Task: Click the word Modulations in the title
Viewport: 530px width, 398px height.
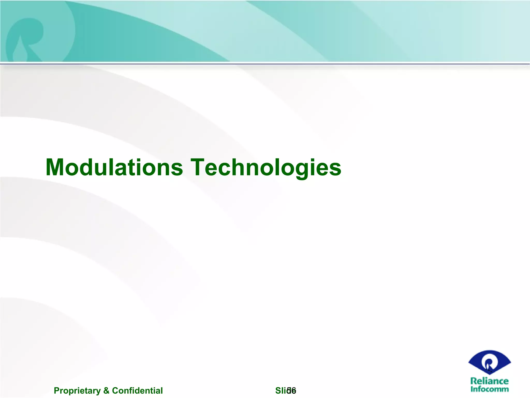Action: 114,167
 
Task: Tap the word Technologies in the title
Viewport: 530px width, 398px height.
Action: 266,168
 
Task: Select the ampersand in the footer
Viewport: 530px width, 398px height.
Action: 106,390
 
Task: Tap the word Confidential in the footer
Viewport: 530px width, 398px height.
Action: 137,390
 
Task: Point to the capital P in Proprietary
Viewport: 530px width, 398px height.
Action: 56,390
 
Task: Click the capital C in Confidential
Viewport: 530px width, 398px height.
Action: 115,390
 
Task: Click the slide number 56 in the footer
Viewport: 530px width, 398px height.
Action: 292,390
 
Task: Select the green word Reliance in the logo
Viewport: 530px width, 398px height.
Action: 489,381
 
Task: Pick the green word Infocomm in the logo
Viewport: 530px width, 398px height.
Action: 489,389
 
